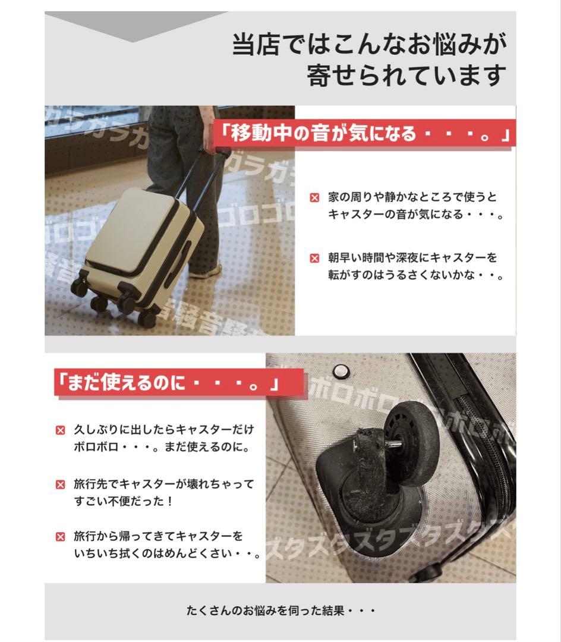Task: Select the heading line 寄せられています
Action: pos(406,75)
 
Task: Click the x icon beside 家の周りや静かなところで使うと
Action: pos(315,197)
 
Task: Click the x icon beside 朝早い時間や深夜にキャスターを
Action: pos(315,259)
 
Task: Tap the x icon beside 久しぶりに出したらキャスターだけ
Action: pos(60,430)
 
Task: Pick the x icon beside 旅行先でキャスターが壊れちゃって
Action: pos(60,484)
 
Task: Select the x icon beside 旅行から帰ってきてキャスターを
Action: pos(60,537)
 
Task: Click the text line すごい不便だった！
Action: pos(124,501)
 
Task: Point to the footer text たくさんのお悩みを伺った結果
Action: pos(280,610)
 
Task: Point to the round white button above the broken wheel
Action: pos(341,372)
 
